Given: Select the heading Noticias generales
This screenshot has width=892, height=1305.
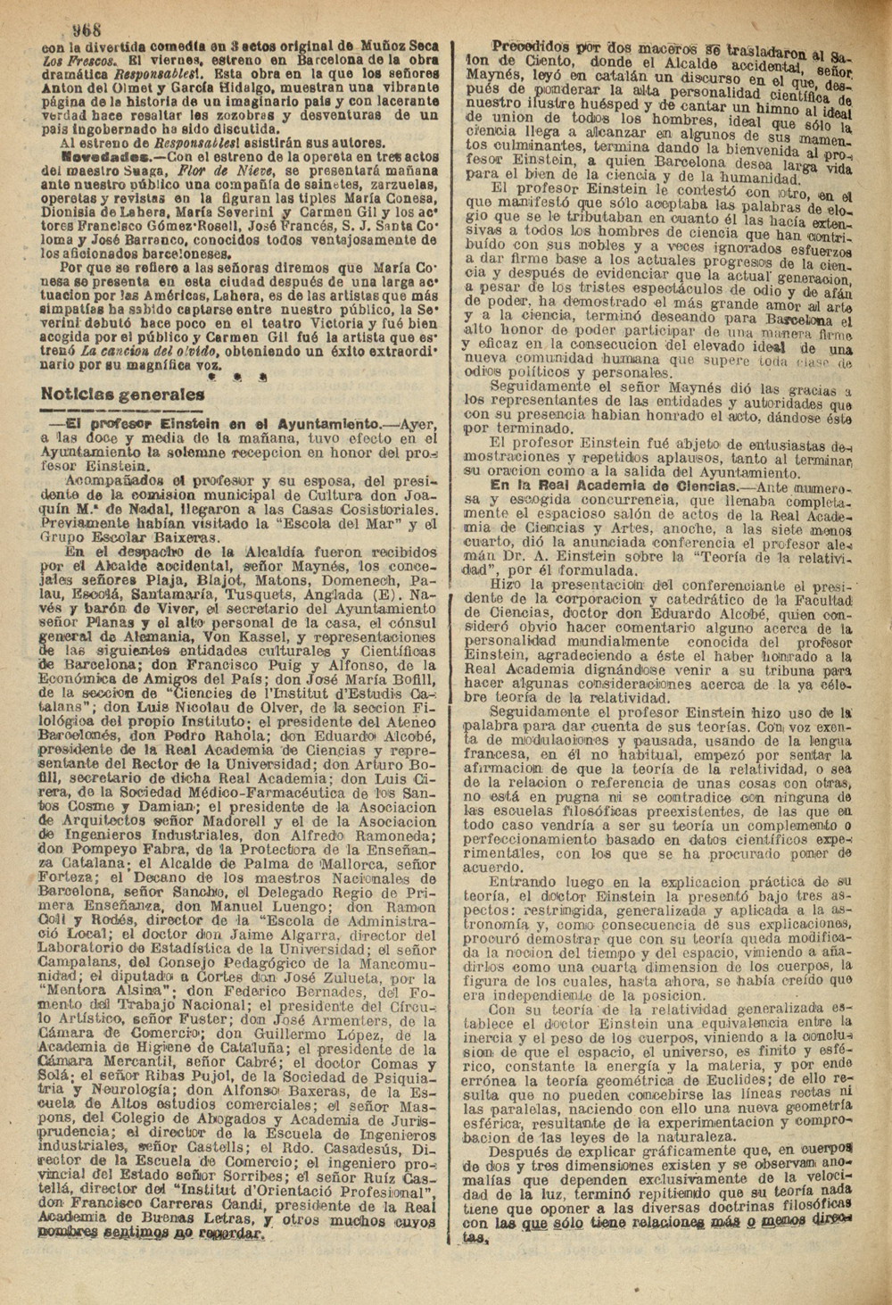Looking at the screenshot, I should [122, 394].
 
